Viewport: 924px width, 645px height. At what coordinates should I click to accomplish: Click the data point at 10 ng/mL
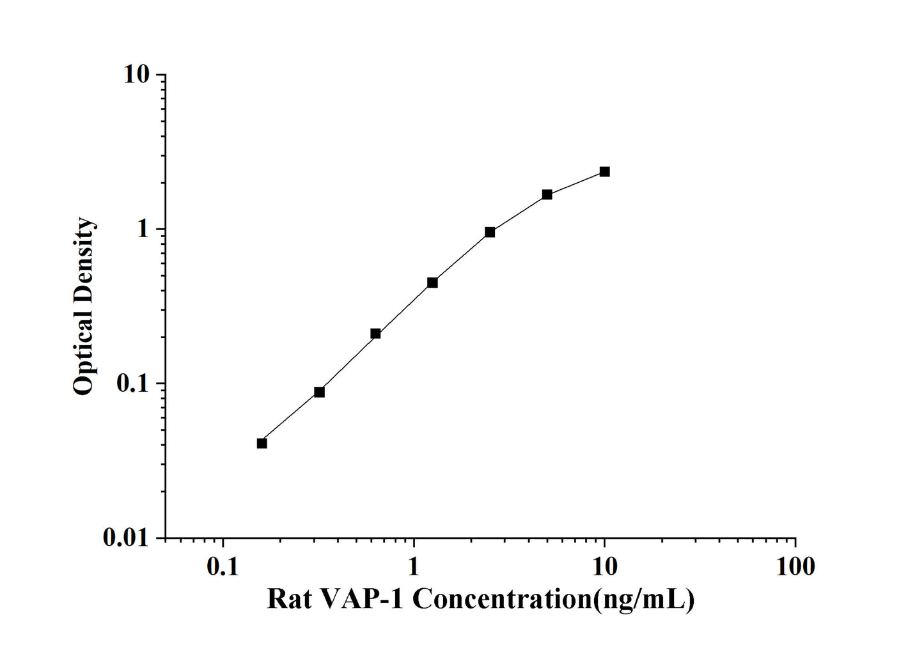604,171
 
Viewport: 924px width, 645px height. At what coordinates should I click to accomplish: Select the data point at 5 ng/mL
547,194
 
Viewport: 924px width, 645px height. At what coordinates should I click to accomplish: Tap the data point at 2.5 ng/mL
490,232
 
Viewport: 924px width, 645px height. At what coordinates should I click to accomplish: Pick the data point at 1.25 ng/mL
432,283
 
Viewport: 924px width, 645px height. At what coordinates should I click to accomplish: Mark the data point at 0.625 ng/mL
375,334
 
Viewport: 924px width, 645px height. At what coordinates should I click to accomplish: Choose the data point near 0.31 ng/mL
319,392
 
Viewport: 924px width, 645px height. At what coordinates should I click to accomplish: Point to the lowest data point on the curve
262,443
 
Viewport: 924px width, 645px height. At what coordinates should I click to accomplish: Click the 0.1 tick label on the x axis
223,566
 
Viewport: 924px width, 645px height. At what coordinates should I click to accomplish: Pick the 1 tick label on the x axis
414,566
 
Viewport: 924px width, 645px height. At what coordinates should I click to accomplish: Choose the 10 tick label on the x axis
604,566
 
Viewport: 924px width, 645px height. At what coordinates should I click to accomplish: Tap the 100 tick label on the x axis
795,566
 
